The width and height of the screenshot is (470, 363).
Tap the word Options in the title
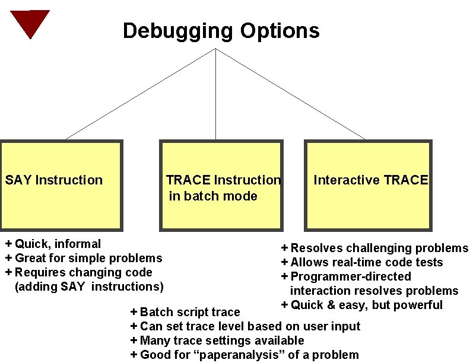[x=280, y=30]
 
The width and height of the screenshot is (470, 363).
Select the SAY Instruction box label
[x=54, y=180]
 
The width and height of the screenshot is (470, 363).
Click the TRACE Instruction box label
[x=223, y=180]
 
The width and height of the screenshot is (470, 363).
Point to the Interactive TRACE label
[x=370, y=180]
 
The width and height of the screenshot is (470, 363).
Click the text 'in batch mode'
[x=213, y=196]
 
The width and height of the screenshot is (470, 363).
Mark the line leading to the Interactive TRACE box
[x=294, y=95]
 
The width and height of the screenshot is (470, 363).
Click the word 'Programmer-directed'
[x=350, y=276]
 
